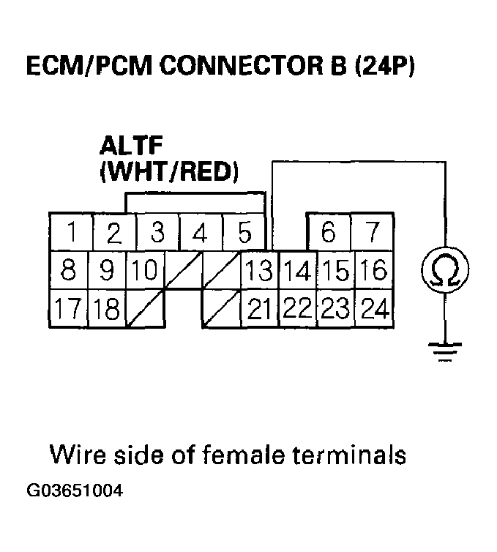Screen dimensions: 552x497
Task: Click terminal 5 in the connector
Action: coord(244,234)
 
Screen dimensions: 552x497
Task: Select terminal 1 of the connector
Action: coord(72,234)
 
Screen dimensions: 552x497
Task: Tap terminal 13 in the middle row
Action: coord(259,271)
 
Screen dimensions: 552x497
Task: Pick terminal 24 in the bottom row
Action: coord(373,310)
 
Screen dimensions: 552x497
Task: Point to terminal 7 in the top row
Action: coord(373,234)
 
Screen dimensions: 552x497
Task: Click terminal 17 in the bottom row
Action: coord(68,310)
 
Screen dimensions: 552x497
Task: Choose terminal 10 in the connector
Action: coord(146,271)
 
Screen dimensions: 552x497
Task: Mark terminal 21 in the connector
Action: coord(259,310)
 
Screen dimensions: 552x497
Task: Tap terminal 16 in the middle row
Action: coord(373,271)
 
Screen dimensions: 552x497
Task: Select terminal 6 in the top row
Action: coord(329,234)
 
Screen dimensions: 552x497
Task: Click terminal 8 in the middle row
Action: coord(68,271)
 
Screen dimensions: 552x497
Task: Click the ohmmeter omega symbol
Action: coord(444,270)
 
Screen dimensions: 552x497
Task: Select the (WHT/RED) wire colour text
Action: coord(168,172)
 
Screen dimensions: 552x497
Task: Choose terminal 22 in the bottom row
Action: coord(297,310)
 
